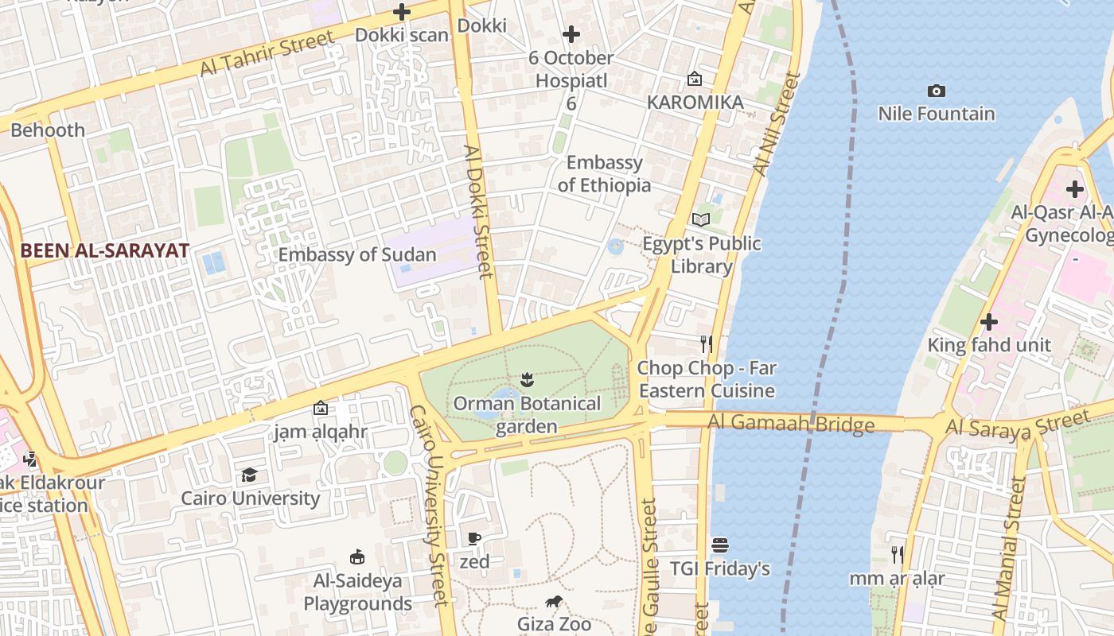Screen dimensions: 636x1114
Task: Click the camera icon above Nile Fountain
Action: point(937,91)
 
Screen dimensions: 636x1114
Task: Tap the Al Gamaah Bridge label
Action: point(791,424)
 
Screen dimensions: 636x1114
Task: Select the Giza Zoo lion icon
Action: point(554,602)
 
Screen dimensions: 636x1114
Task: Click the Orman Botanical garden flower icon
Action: point(526,380)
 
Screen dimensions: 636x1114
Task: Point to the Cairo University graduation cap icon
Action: point(250,475)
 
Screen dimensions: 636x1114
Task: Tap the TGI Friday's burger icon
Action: point(719,545)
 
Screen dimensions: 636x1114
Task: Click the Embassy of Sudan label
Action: point(357,255)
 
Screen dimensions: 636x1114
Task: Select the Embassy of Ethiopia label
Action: point(604,174)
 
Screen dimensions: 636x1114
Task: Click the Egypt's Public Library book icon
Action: point(700,219)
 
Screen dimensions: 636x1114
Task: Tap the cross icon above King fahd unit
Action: point(989,322)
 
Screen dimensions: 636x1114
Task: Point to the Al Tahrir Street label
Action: point(267,53)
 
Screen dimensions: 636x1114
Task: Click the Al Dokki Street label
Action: point(479,211)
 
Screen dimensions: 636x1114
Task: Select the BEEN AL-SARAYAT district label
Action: point(104,250)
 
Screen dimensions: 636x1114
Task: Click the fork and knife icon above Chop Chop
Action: point(706,344)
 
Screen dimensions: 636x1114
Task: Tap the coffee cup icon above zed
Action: point(474,539)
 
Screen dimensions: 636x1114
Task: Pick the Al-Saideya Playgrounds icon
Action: point(357,557)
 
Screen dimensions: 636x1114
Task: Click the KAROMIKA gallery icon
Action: point(695,79)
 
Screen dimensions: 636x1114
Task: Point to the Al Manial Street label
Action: point(1006,549)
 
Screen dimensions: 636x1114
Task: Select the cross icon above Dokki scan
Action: point(402,12)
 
